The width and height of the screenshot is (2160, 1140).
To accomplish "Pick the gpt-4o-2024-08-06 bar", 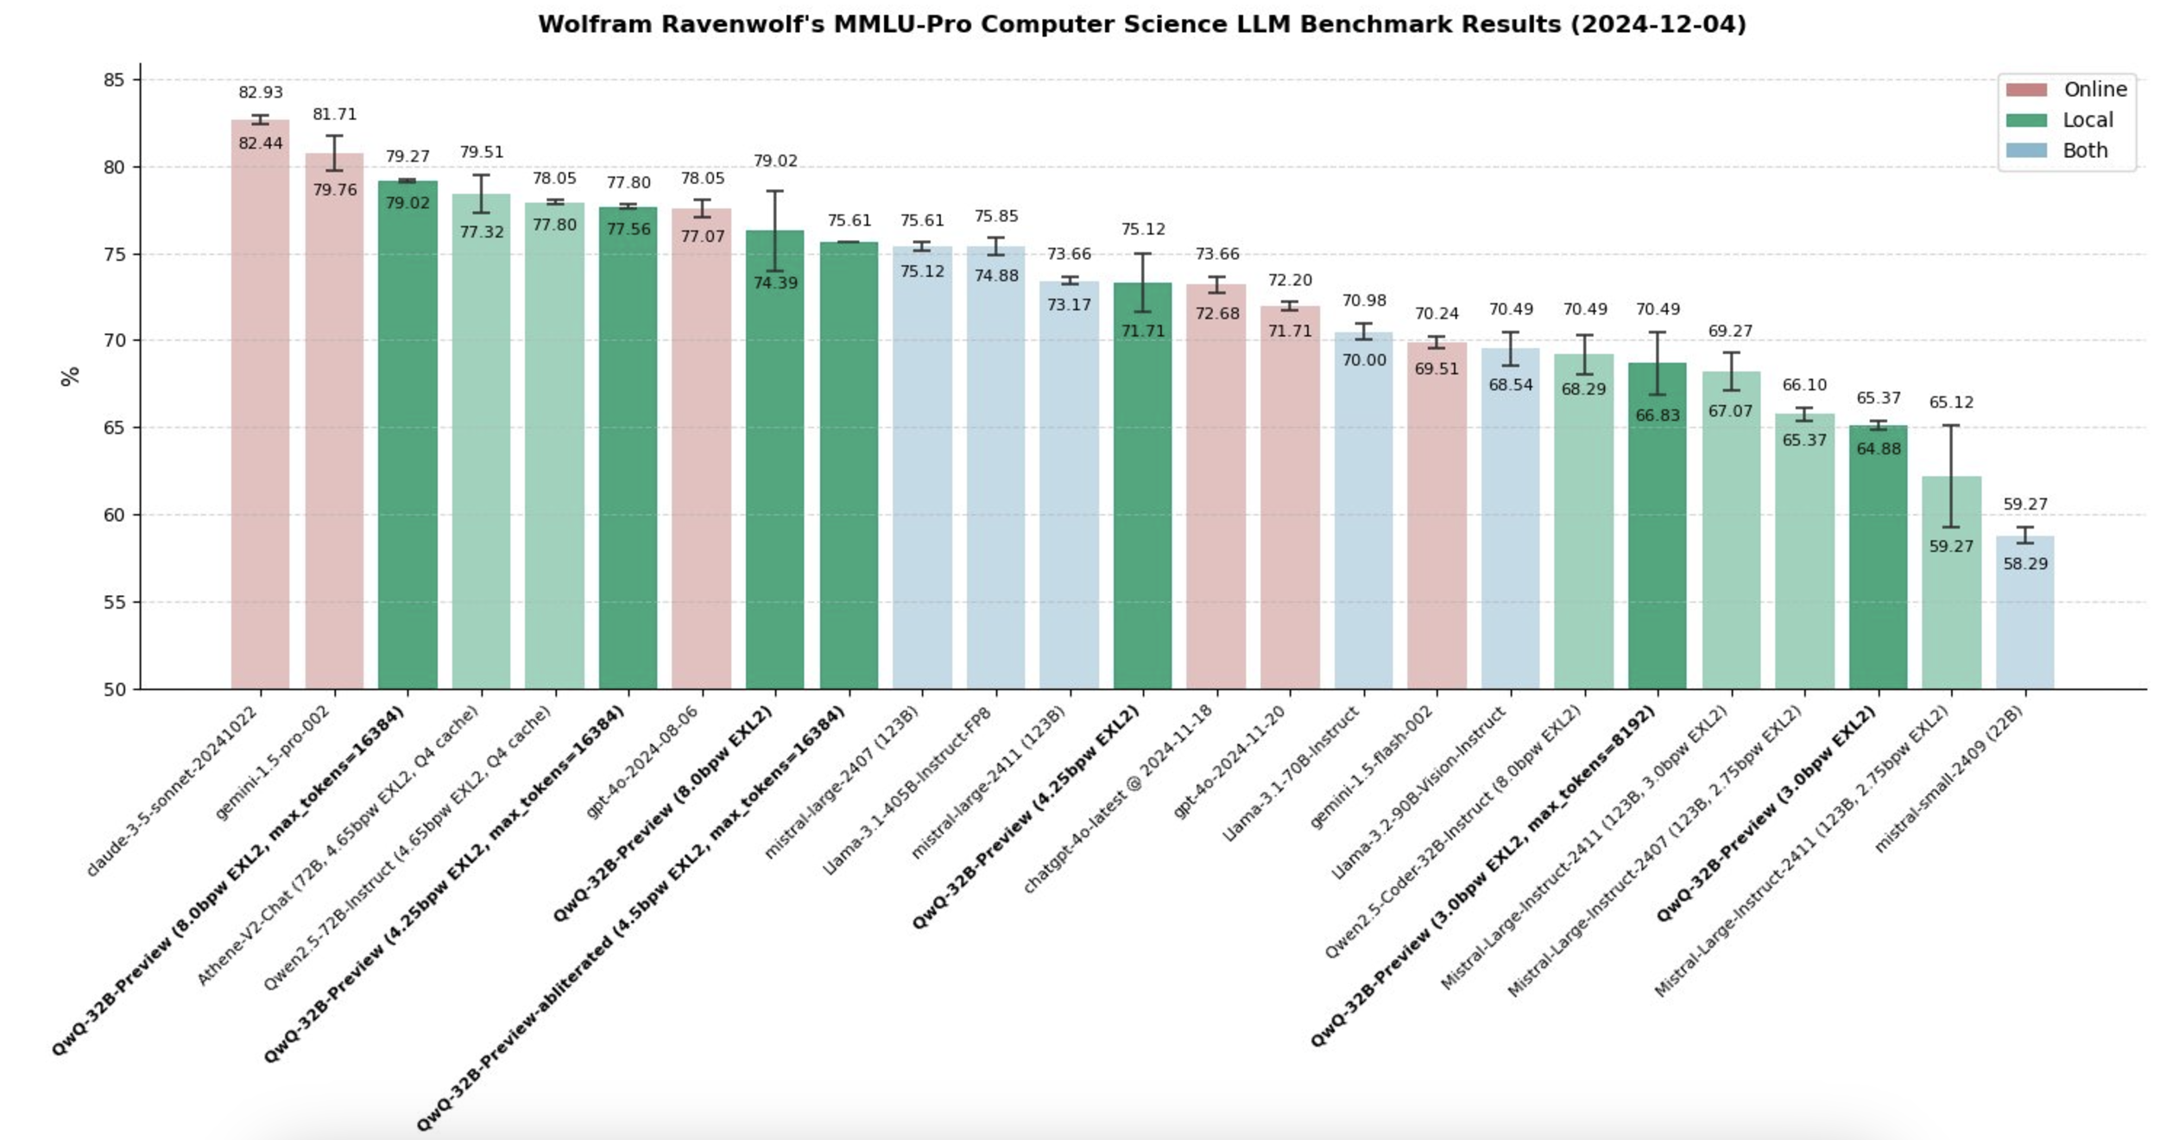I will [702, 449].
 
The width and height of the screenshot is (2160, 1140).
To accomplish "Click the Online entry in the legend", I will [2094, 89].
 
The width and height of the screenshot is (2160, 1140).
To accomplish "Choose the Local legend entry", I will [2087, 120].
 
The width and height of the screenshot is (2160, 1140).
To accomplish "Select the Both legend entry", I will [2085, 150].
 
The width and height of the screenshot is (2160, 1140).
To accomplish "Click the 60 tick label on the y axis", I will [114, 515].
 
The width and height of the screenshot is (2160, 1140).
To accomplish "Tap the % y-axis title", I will [70, 376].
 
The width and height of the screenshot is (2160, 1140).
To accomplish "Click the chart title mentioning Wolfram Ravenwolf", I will [1141, 24].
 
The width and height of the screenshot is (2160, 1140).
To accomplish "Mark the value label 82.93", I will [260, 92].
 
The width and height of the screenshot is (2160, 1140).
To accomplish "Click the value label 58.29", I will [2024, 564].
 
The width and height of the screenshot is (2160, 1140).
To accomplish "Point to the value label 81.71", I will [334, 114].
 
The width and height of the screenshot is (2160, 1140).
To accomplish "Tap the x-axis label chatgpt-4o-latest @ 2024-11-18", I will [1119, 799].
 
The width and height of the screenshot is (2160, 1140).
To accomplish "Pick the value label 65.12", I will [1951, 402].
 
